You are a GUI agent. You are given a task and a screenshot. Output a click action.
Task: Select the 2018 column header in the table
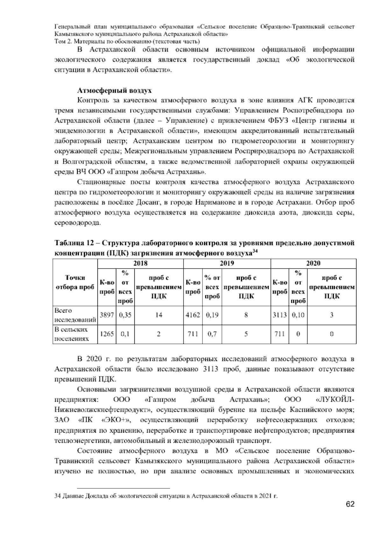click(140, 263)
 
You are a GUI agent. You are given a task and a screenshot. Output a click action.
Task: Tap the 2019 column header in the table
click(227, 263)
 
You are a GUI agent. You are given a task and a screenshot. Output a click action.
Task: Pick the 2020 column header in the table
click(313, 263)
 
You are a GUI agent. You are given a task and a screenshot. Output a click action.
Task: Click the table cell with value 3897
click(107, 315)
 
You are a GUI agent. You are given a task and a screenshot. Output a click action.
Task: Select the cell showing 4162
click(193, 315)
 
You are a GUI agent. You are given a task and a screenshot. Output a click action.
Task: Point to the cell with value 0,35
click(125, 315)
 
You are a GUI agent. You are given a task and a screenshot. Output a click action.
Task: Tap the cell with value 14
click(159, 315)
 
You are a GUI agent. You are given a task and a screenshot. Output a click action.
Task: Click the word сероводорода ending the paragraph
click(77, 223)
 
